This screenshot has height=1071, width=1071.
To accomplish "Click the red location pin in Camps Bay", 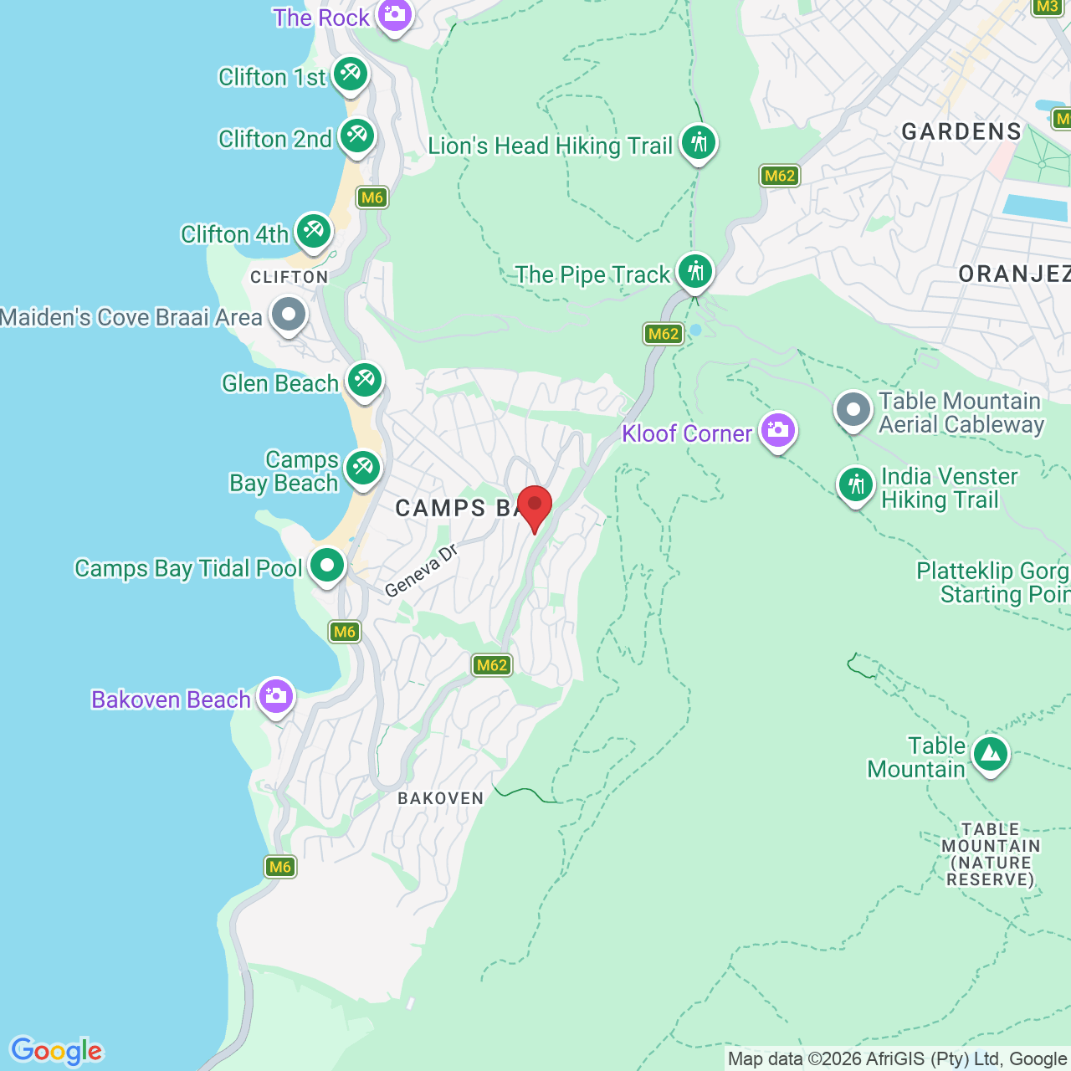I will [535, 505].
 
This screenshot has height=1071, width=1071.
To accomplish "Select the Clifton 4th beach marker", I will [313, 232].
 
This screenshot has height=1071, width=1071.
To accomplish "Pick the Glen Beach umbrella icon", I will [364, 382].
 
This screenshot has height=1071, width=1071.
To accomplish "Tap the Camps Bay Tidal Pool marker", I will [327, 566].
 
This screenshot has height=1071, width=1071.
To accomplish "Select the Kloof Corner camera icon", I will [778, 432].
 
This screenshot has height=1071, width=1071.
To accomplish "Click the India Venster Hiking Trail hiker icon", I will [856, 485].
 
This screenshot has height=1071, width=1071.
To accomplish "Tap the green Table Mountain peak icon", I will [991, 755].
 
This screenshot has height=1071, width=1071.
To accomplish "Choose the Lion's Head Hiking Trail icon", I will [698, 144].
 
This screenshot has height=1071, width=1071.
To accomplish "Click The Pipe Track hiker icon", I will [694, 272].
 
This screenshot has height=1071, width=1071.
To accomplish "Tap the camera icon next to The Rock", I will [394, 15].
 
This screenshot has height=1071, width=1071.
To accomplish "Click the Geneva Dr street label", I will [422, 570].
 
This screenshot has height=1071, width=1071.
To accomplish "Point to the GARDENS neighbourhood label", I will [961, 131].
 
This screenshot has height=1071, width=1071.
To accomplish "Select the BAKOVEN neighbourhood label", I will [441, 798].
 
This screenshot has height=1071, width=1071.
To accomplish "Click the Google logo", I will [56, 1051].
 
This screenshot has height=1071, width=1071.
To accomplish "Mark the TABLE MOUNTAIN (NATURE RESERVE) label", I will [991, 854].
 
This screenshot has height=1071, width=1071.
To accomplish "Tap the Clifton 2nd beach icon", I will [357, 136].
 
